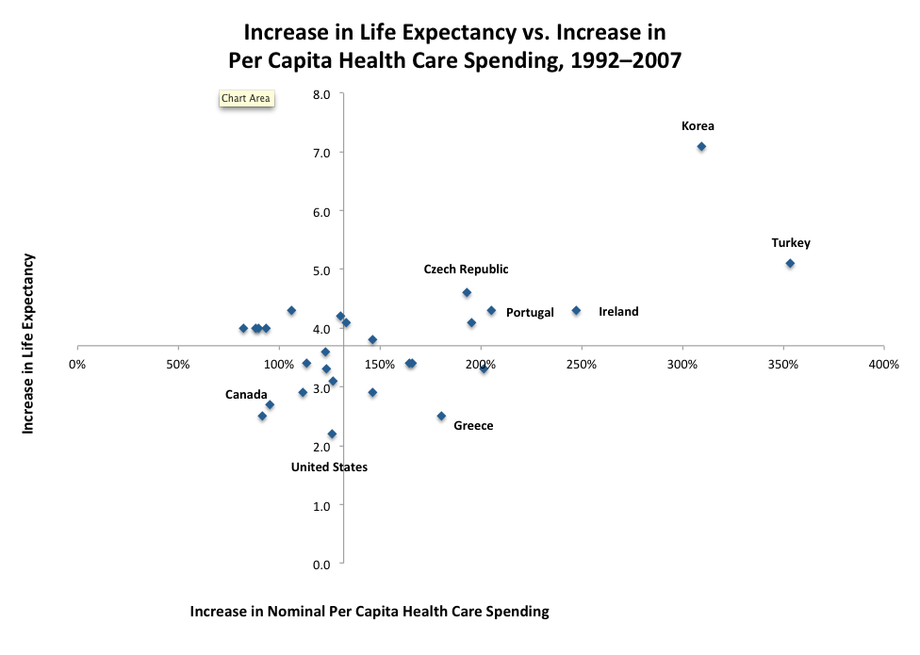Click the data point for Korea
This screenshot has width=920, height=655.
701,146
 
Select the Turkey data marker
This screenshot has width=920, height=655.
790,263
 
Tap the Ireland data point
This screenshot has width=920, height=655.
576,310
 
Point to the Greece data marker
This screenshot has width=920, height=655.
441,416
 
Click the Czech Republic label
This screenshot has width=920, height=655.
466,270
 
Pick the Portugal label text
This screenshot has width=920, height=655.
530,312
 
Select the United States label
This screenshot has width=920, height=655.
329,467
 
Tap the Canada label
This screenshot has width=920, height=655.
246,394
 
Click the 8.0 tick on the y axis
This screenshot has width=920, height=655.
321,94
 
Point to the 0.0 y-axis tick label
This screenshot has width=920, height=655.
321,565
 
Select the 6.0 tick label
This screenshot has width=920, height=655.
321,211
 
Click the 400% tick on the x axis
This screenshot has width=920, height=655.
884,364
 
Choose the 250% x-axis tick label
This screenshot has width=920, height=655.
582,364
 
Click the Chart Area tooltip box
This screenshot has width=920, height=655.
246,98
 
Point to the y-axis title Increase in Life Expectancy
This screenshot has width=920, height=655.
28,343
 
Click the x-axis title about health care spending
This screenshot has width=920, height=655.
370,612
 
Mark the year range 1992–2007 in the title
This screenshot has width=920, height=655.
622,58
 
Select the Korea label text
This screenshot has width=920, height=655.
698,126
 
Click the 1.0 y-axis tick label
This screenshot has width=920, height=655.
321,506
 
